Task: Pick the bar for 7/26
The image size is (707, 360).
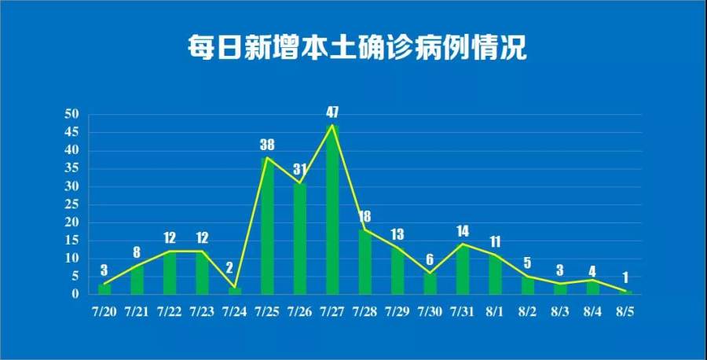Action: click(299, 240)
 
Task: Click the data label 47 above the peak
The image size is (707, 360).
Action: click(332, 112)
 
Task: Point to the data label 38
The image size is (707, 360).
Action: click(267, 145)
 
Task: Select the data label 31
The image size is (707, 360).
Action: click(299, 169)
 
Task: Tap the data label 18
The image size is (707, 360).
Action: click(364, 216)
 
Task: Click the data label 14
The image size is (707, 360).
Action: click(463, 230)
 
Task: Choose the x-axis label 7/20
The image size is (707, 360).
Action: click(104, 312)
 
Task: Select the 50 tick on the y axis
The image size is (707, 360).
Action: click(72, 115)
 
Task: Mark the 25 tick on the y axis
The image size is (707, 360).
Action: click(72, 204)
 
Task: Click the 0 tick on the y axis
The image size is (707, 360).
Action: click(76, 294)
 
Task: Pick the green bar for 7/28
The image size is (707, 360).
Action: click(364, 263)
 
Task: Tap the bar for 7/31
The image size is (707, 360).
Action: click(463, 270)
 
